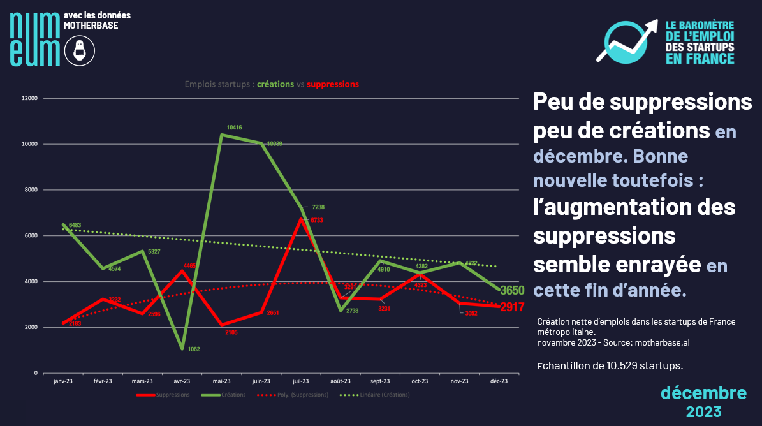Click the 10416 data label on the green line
[235, 128]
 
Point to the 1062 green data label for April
[194, 349]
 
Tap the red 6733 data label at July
[318, 220]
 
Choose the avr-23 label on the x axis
[182, 381]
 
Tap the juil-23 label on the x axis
[300, 381]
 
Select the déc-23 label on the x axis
[498, 381]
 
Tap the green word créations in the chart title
[275, 84]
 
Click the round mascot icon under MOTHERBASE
[80, 50]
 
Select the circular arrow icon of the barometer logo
[625, 42]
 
